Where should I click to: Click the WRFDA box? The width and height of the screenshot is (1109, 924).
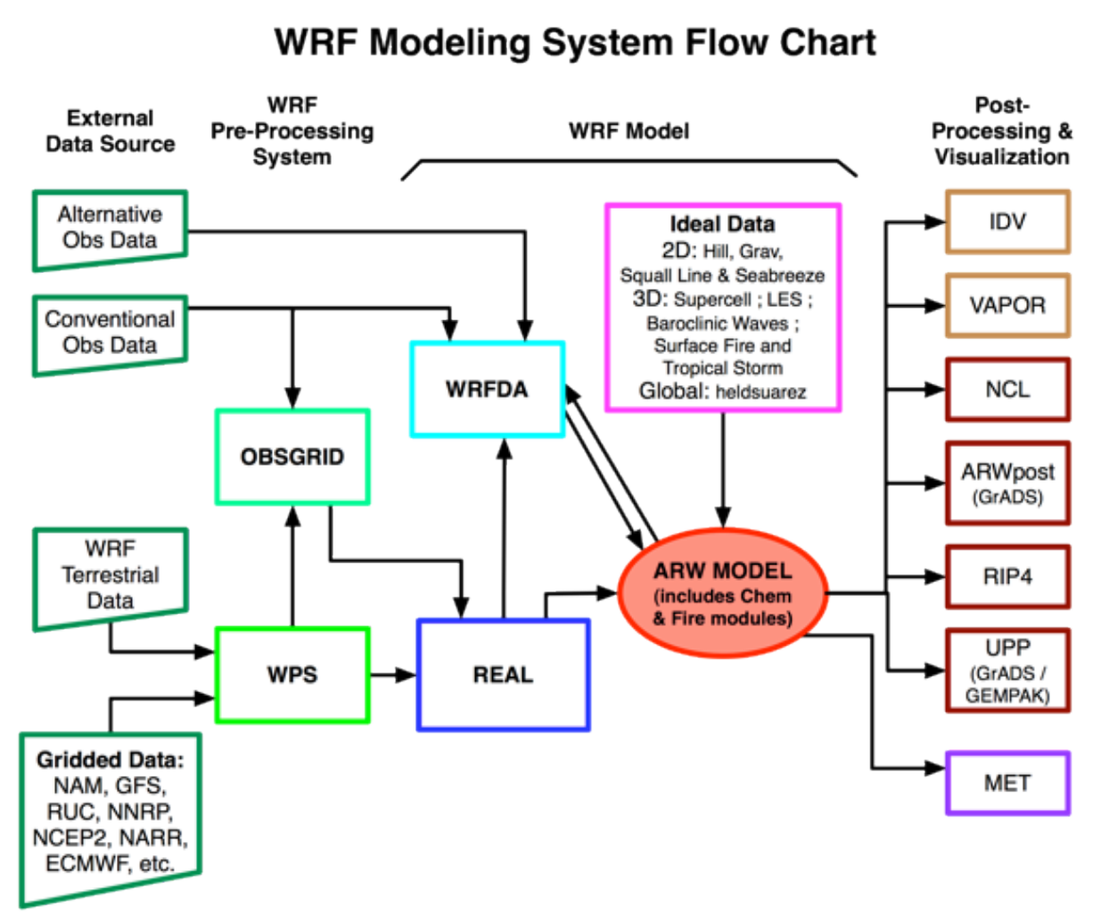coord(487,389)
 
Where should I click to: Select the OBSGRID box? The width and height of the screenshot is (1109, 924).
coord(292,457)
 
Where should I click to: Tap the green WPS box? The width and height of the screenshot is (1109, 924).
coord(292,674)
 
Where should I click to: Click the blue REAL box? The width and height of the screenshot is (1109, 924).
coord(503,674)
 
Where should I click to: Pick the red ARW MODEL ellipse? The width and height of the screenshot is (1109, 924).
coord(722,593)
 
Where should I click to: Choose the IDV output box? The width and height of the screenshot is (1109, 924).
coord(1006,221)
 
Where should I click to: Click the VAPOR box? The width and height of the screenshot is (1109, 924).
coord(1006,305)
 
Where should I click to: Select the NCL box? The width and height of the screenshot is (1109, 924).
coord(1006,389)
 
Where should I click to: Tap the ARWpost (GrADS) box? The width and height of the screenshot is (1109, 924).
coord(1006,483)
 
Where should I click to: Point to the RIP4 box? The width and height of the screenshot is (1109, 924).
coord(1006,576)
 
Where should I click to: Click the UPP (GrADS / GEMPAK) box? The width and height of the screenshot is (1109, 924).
coord(1006,671)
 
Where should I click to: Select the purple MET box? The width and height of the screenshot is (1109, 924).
coord(1006,783)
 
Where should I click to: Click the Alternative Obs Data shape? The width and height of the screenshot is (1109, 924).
coord(110,227)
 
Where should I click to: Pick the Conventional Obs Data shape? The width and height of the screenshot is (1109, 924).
coord(110,332)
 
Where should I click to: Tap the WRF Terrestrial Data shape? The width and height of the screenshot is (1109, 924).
coord(110,574)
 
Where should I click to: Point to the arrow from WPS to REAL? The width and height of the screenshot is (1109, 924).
coord(392,674)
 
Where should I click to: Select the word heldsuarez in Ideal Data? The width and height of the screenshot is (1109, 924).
coord(760,392)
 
